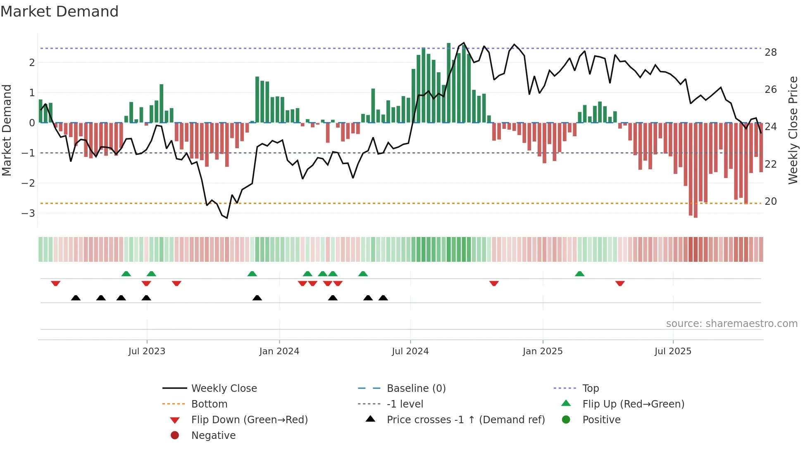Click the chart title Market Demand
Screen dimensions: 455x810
(x=60, y=12)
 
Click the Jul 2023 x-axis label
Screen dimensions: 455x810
(x=147, y=351)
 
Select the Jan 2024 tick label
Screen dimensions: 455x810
(x=279, y=351)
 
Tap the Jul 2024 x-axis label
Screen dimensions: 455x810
(x=410, y=351)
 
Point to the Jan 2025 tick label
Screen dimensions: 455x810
(x=542, y=351)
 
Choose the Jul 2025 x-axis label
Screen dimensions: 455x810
(x=673, y=351)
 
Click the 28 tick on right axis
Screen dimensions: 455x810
(x=770, y=52)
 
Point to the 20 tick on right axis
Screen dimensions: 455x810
(x=770, y=201)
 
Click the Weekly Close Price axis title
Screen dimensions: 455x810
(x=793, y=130)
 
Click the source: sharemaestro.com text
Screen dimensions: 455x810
(x=731, y=324)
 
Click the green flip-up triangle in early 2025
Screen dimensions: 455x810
(x=579, y=274)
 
